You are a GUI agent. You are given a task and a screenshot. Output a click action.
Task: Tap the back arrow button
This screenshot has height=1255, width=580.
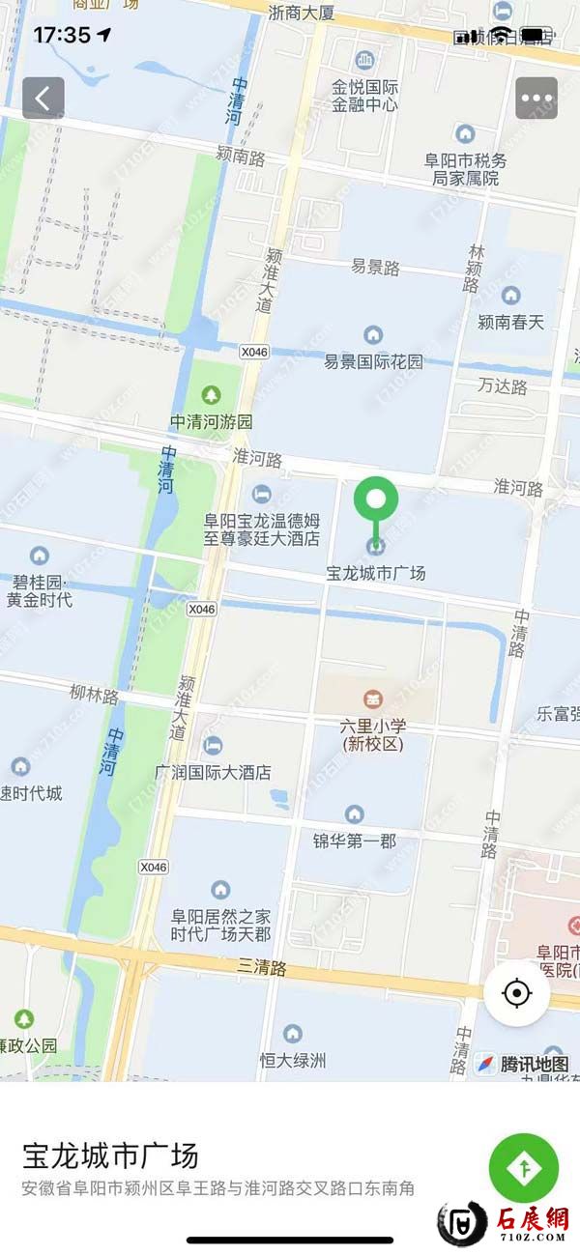(x=43, y=98)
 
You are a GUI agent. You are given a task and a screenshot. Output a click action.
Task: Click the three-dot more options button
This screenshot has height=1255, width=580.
(x=536, y=98)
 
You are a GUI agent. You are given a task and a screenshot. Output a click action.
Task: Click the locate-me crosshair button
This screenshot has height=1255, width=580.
(x=517, y=992)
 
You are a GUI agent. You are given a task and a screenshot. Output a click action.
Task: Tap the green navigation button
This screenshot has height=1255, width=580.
(x=524, y=1167)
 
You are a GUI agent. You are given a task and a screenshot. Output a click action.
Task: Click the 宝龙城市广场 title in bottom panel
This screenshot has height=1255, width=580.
(x=110, y=1155)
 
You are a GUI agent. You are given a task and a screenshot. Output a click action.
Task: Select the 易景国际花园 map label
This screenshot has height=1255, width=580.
(x=373, y=362)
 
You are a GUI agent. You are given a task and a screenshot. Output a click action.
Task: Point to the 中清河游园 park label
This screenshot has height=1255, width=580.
(x=212, y=422)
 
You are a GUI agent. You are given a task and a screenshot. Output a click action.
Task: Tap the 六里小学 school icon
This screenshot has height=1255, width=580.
(x=372, y=698)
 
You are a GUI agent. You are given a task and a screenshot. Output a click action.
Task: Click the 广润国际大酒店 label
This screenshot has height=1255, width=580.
(x=213, y=772)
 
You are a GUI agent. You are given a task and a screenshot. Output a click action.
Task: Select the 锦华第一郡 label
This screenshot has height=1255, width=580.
(x=355, y=841)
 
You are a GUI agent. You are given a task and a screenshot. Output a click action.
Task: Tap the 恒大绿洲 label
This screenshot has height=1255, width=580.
(x=293, y=1060)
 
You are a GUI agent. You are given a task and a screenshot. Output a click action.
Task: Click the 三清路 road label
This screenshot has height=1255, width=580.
(x=262, y=965)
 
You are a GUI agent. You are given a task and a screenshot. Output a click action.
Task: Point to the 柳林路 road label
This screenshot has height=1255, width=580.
(x=94, y=694)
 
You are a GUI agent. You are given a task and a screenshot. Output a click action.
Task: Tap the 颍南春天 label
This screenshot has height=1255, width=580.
(x=511, y=321)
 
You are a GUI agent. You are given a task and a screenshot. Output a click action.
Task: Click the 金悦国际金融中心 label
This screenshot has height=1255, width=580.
(x=364, y=95)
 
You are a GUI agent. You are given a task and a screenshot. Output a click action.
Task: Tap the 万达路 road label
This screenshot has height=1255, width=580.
(x=503, y=386)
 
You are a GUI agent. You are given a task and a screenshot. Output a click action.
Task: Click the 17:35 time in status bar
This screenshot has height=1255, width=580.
(x=62, y=36)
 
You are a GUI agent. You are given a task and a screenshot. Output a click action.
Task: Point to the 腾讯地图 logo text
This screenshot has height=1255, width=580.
(x=535, y=1065)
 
